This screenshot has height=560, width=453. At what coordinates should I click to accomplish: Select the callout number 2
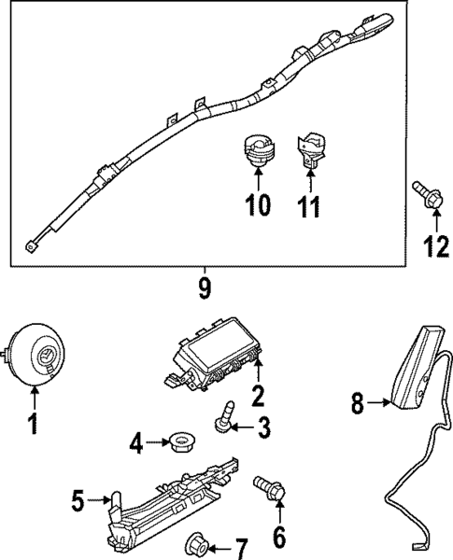pos(259,395)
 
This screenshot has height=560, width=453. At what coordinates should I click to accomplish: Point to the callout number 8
pos(356,404)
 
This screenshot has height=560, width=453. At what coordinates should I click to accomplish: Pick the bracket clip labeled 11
pos(310,149)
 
